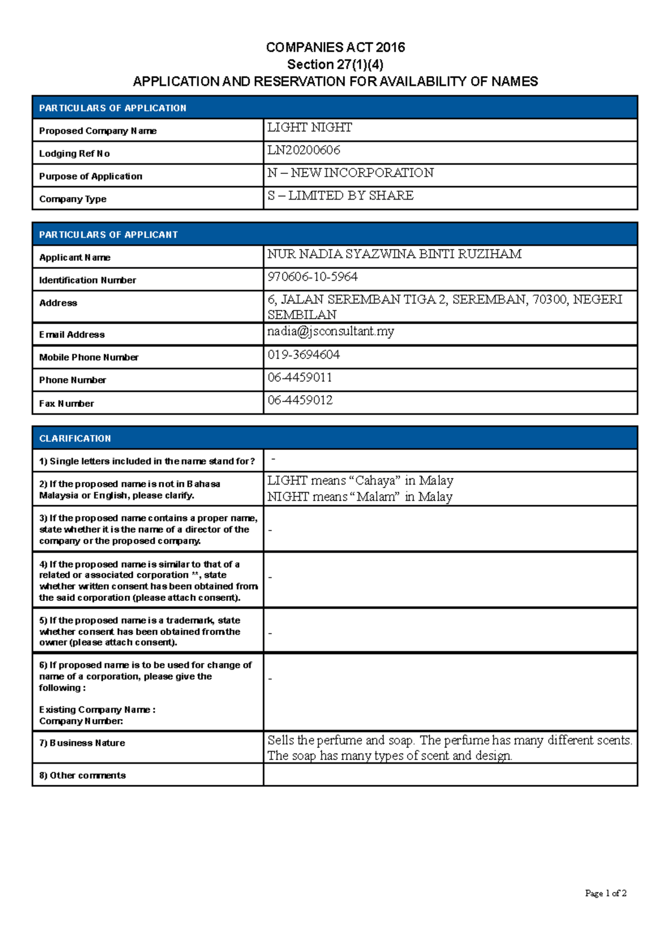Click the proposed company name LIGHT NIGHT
point(309,128)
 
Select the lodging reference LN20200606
point(304,150)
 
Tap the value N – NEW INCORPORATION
point(350,173)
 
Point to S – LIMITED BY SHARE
point(340,196)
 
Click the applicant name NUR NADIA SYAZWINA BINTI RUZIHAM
point(394,254)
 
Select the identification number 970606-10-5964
point(312,277)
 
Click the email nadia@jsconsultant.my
point(331,331)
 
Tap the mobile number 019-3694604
point(303,355)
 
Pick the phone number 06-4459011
point(300,378)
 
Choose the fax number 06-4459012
point(300,400)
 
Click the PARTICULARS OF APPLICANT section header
point(108,235)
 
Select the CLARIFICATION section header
point(75,439)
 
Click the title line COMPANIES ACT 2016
point(335,48)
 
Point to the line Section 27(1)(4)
point(335,64)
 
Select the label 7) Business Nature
point(82,743)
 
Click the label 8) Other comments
point(82,775)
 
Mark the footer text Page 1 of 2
point(605,893)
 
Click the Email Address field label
point(72,335)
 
